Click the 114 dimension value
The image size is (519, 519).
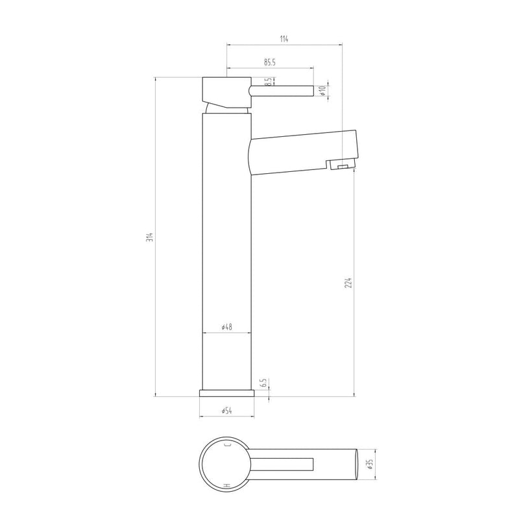point(284,40)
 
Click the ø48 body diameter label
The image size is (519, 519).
point(227,328)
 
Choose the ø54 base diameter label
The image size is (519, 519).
point(226,411)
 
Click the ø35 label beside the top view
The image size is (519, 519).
point(370,465)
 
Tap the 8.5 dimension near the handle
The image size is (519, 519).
point(267,83)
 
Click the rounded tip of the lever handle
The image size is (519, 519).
point(311,90)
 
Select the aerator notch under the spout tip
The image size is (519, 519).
point(341,167)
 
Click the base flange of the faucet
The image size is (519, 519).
point(226,392)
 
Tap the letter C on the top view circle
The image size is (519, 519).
point(226,445)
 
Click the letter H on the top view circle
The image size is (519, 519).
point(226,485)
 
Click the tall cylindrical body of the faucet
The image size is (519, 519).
point(227,259)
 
